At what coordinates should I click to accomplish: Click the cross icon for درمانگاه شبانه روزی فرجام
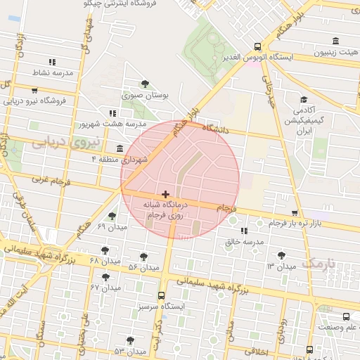[x=165, y=194]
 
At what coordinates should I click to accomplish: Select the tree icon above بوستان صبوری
[x=145, y=84]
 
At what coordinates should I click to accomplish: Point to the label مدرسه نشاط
[x=52, y=72]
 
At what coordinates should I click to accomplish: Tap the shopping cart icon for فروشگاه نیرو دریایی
[x=34, y=90]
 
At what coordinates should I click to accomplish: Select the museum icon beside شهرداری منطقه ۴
[x=120, y=148]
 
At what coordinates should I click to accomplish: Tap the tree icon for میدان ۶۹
[x=112, y=216]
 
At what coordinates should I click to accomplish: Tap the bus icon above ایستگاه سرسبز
[x=162, y=295]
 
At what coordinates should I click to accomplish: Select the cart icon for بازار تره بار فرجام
[x=294, y=212]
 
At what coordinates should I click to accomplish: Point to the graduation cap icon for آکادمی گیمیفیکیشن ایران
[x=303, y=101]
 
